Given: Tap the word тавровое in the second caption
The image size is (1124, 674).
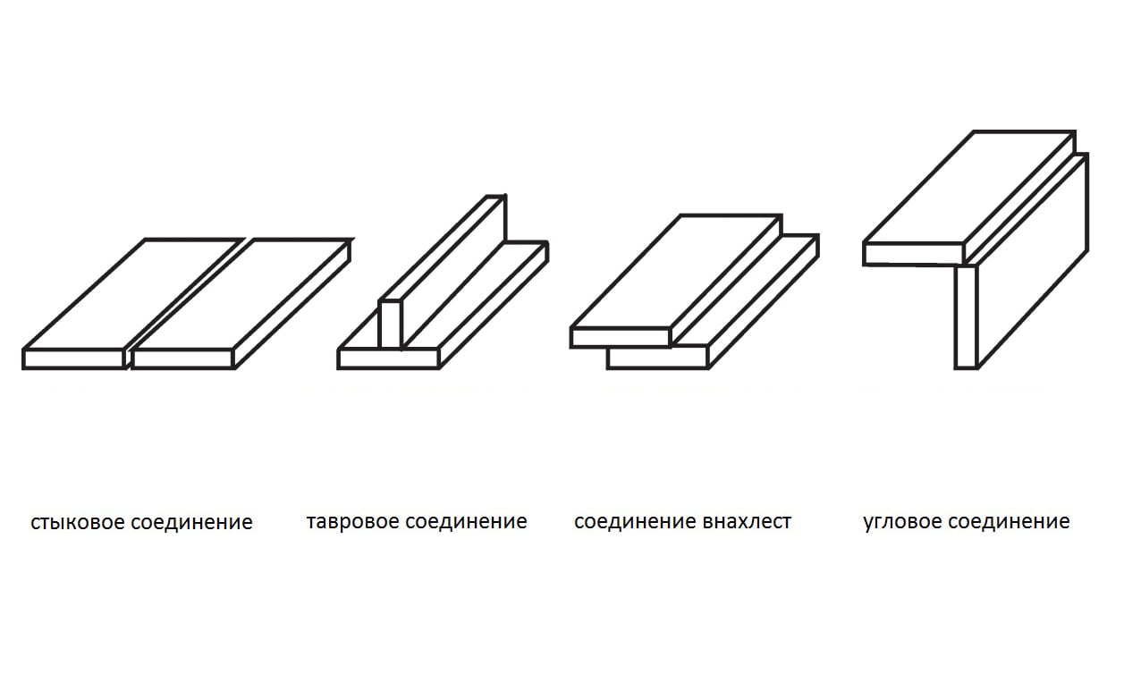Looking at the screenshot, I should tap(352, 521).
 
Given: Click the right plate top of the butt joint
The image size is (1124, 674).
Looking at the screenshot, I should tap(240, 294).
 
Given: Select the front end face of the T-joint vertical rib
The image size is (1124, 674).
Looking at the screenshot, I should tap(390, 324).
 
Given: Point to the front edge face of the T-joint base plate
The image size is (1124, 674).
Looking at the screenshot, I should tap(388, 358).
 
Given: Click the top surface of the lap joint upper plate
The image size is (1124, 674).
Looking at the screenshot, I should tap(675, 272).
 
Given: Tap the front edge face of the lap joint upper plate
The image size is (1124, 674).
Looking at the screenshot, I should tap(620, 337).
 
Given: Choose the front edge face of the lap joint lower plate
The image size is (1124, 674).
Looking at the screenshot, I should tap(657, 358).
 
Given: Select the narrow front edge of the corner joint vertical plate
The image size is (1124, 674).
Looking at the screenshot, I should tap(966, 317).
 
